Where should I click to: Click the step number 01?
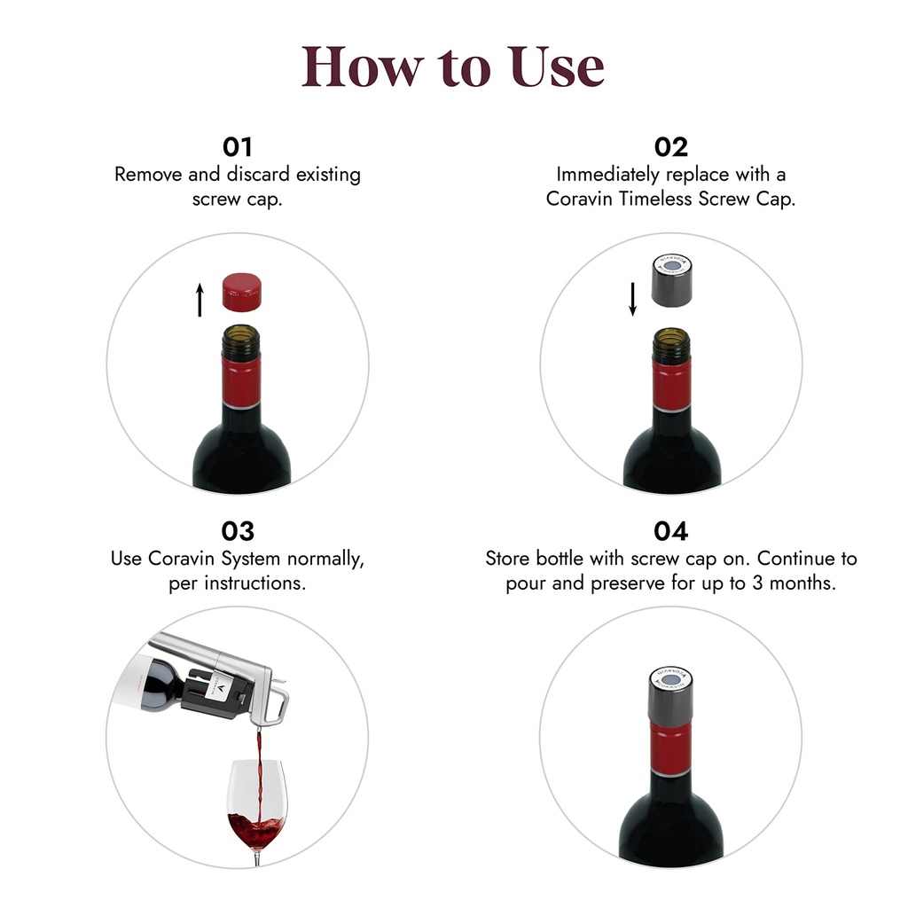(x=238, y=146)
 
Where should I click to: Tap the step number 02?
(x=671, y=146)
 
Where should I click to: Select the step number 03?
(x=238, y=531)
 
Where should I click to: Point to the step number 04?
(x=671, y=531)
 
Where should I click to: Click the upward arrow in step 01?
(x=200, y=300)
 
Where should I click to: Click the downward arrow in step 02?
(x=633, y=298)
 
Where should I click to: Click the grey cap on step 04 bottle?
(x=671, y=695)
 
